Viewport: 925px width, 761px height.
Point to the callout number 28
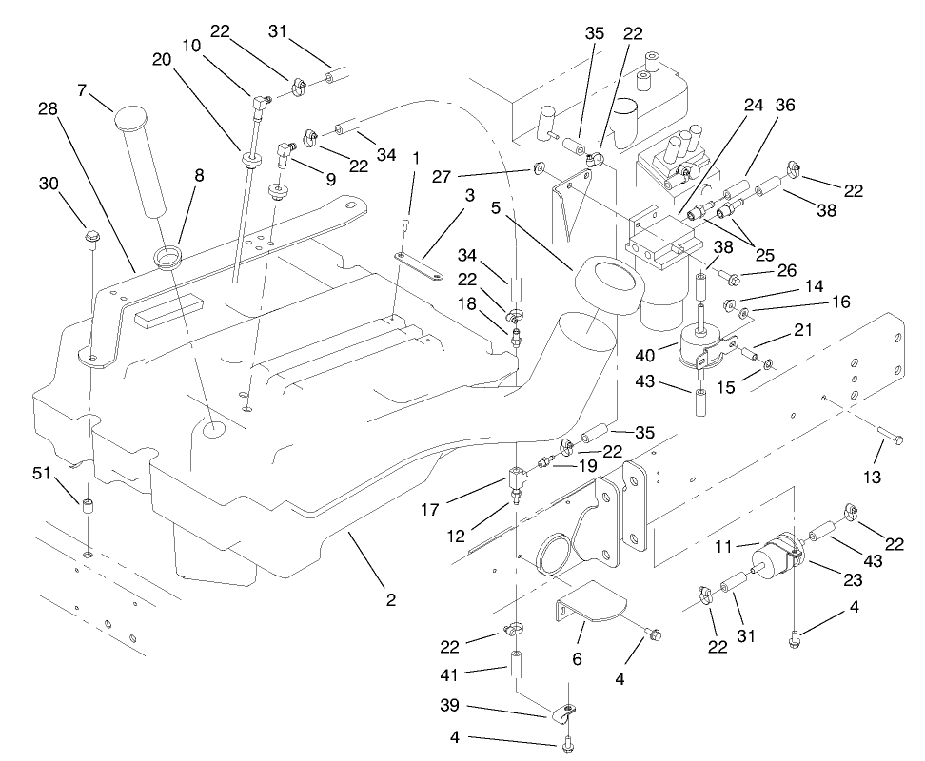pos(48,109)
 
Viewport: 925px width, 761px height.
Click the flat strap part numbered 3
pos(419,263)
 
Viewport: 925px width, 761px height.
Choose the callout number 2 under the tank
pos(390,600)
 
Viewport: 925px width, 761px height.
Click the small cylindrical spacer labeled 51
pos(89,504)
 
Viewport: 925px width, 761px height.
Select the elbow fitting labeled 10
pos(259,97)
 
